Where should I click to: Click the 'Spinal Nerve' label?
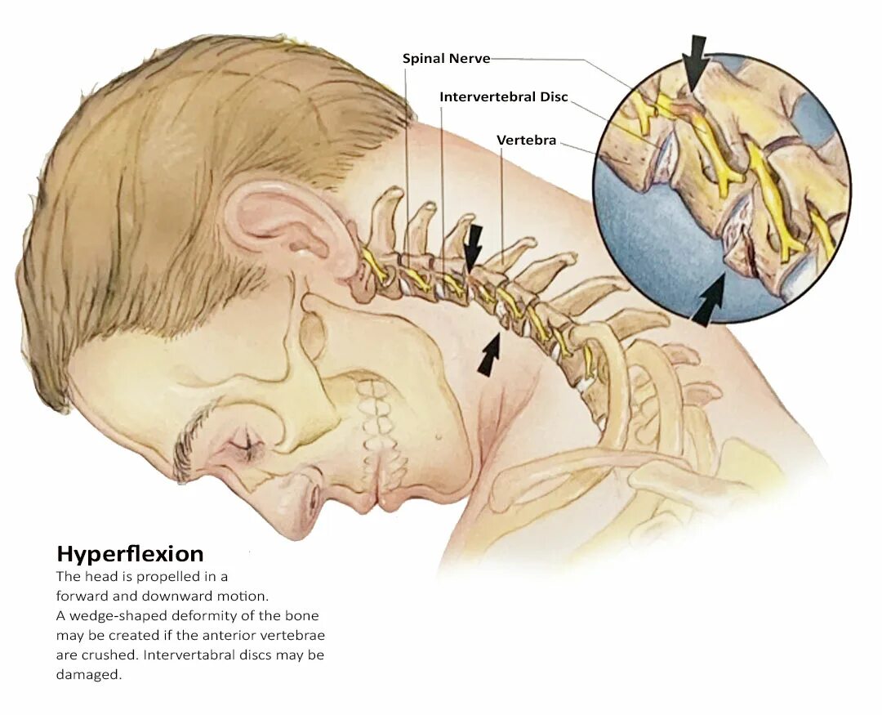tap(446, 59)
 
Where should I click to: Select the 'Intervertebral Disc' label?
tap(503, 97)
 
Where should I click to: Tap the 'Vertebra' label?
tap(526, 141)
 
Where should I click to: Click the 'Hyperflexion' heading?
tap(130, 554)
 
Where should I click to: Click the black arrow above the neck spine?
tap(473, 245)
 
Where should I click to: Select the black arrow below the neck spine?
tap(490, 356)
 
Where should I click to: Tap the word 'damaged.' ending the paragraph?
tap(88, 676)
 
